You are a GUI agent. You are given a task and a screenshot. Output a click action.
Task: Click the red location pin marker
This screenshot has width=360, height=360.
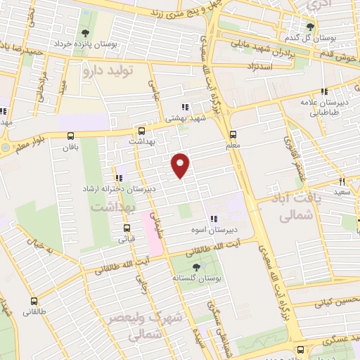click(x=181, y=165)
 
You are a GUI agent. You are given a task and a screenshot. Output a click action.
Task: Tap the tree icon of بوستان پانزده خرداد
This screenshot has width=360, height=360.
click(x=86, y=33)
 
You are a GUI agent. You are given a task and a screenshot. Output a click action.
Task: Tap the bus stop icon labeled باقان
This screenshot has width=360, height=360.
click(x=69, y=136)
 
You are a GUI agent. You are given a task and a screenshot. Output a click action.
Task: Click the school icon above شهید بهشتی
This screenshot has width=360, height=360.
click(x=184, y=107)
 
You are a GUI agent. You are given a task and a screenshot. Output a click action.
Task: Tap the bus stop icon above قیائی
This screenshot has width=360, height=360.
click(x=127, y=228)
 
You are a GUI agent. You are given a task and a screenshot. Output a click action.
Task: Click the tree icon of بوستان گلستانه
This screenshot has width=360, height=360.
click(x=195, y=267)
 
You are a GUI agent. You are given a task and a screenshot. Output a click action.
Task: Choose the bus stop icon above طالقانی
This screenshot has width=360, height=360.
click(x=34, y=300)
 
